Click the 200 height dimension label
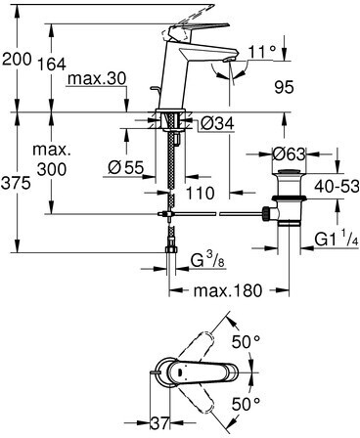tap(17, 59)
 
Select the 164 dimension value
tap(52, 64)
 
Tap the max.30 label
tap(97, 78)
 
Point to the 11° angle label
tap(262, 52)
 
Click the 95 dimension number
tap(284, 87)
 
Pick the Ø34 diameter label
tap(217, 123)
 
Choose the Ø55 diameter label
tap(126, 167)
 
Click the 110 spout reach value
tap(201, 193)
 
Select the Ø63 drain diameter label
tap(289, 153)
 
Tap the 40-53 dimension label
tap(337, 186)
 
